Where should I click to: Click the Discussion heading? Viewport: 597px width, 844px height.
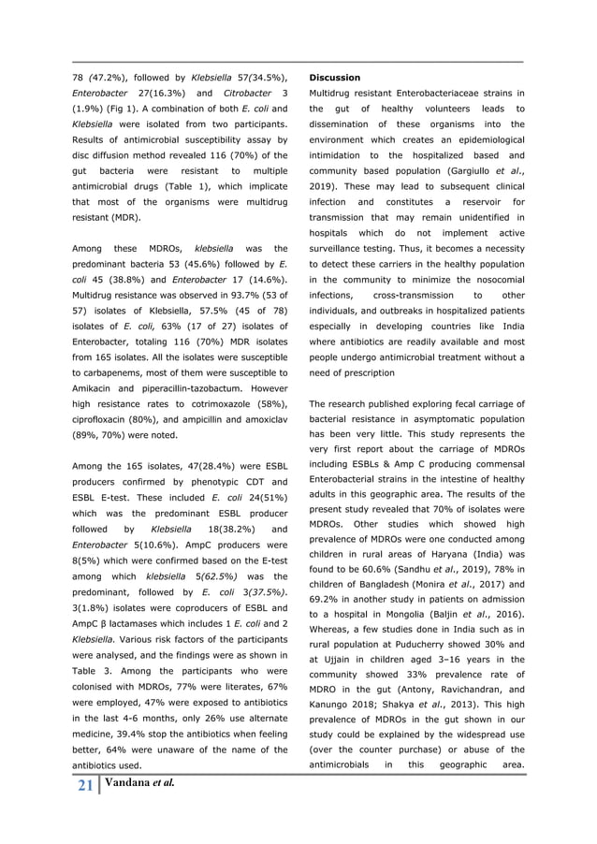(x=335, y=78)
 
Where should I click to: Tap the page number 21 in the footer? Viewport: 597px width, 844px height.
(x=84, y=787)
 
